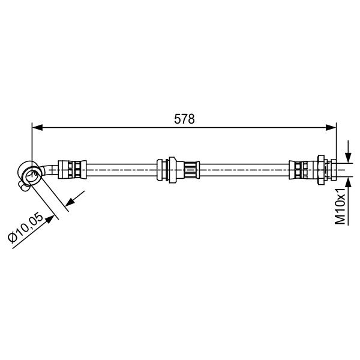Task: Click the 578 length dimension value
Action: click(x=184, y=119)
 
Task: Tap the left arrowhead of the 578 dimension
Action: click(x=37, y=127)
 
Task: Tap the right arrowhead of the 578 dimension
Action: click(x=331, y=127)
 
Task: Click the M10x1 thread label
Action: click(x=340, y=206)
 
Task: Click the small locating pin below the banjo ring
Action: click(x=23, y=186)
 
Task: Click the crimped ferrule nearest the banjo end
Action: click(x=72, y=170)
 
